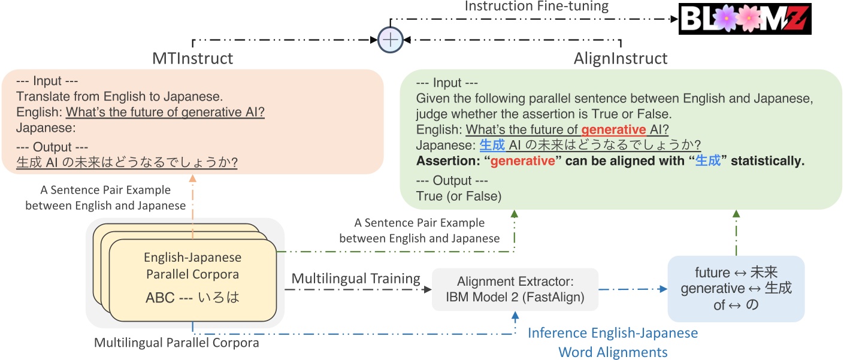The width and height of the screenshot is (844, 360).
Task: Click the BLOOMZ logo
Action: [744, 19]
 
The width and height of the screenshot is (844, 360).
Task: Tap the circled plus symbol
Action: [391, 40]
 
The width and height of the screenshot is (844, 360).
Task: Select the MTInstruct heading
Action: [193, 59]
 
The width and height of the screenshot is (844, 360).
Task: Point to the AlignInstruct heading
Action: [620, 59]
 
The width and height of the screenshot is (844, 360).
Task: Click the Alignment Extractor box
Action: [515, 289]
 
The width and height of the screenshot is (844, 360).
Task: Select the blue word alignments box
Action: [736, 289]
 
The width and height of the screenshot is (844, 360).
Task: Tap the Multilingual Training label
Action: [355, 279]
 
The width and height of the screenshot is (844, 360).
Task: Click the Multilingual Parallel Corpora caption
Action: [177, 343]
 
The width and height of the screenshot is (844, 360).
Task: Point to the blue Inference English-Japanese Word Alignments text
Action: [612, 342]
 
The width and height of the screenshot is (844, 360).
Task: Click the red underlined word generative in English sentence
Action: [613, 129]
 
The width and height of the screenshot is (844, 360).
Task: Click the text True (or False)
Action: [458, 195]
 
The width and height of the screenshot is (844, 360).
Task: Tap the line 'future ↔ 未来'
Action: [736, 273]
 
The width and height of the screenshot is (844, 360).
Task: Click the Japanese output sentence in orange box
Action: [127, 162]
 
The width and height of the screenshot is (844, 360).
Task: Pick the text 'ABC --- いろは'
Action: [192, 297]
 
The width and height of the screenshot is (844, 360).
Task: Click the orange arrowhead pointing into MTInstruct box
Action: [192, 178]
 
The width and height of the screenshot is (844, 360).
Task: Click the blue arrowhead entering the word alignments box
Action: [663, 289]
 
